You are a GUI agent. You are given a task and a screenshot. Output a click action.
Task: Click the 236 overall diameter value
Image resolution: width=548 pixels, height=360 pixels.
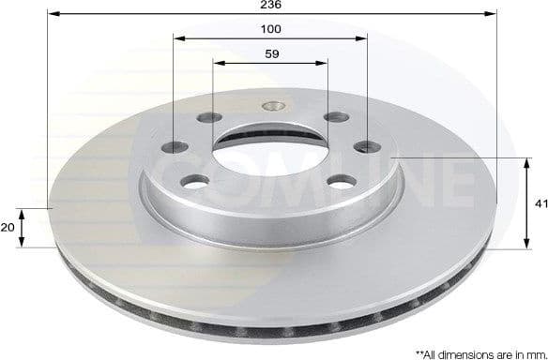pyautogui.click(x=270, y=6)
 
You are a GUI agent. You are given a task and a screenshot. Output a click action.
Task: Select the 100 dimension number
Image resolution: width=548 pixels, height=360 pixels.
pyautogui.click(x=270, y=29)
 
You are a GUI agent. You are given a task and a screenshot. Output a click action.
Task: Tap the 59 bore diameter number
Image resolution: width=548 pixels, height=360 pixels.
pyautogui.click(x=270, y=53)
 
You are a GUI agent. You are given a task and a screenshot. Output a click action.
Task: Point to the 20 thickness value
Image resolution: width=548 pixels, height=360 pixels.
pyautogui.click(x=8, y=228)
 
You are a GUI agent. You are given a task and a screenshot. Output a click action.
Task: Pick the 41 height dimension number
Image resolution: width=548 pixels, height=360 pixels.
pyautogui.click(x=538, y=202)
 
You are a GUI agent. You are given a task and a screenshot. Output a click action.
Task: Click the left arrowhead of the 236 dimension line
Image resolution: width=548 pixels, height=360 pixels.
pyautogui.click(x=51, y=15)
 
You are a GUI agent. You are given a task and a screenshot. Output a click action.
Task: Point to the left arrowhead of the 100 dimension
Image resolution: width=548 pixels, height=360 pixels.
pyautogui.click(x=178, y=38)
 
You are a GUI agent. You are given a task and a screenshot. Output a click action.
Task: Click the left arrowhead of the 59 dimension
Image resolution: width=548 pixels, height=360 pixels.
pyautogui.click(x=217, y=64)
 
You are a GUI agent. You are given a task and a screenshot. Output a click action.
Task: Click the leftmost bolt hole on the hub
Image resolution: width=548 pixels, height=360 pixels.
pyautogui.click(x=177, y=147)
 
